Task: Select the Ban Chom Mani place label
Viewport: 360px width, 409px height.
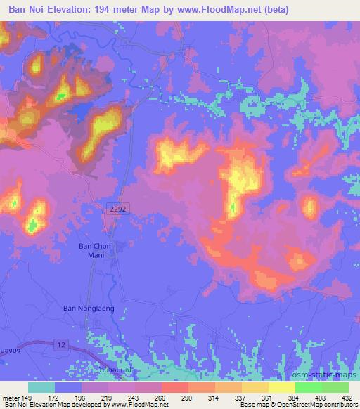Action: point(96,252)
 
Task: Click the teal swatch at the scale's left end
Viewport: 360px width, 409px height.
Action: point(41,387)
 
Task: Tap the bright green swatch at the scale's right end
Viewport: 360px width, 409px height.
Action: point(335,387)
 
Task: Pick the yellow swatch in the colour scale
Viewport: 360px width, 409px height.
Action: point(282,387)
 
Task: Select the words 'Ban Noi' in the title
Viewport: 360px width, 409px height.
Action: point(27,10)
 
